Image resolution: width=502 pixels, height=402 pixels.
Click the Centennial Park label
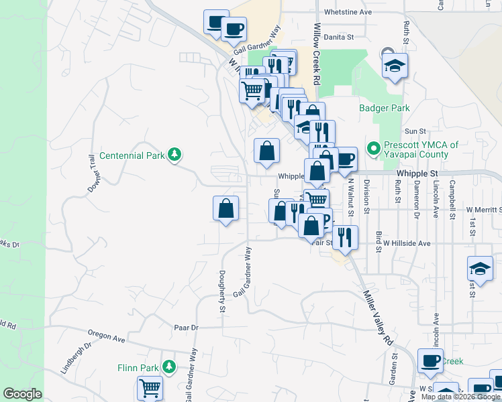tap(132, 155)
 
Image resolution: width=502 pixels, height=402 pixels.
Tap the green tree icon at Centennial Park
tap(174, 155)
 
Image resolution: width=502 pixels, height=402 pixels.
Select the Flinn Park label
tap(136, 367)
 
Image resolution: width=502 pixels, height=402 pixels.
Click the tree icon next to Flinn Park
tap(169, 367)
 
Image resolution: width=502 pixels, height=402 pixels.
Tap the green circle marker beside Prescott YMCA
tap(371, 147)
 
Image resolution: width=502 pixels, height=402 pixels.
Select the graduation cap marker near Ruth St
tap(395, 66)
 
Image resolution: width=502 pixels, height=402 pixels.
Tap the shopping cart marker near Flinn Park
tap(150, 389)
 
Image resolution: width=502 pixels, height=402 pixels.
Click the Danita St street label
tap(338, 38)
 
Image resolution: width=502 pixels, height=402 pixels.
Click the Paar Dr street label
tap(186, 328)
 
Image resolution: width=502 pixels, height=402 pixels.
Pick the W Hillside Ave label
tap(402, 244)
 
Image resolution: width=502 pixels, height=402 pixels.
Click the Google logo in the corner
tap(22, 394)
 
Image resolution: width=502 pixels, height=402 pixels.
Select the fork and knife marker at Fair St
tap(345, 237)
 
